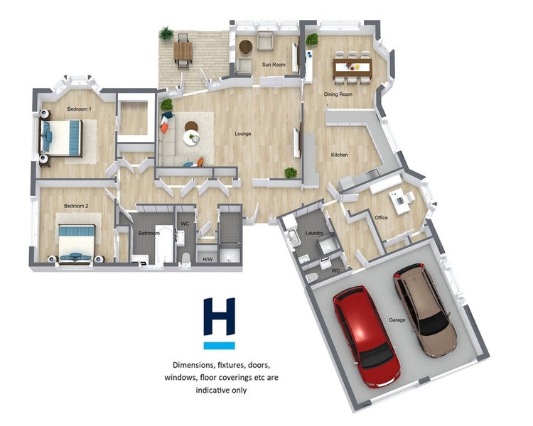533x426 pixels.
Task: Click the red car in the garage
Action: [x=366, y=336]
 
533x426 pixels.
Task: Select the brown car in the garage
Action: [x=424, y=309]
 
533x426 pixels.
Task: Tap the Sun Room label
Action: [x=274, y=65]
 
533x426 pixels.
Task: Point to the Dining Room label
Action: [x=338, y=94]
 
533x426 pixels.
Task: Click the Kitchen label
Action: [x=340, y=155]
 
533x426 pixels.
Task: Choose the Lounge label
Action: [x=243, y=133]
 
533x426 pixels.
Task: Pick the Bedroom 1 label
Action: [x=79, y=109]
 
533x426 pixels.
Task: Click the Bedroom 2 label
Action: [x=76, y=206]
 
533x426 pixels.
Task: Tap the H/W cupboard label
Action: [x=208, y=260]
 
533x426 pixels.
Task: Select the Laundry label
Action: [x=314, y=233]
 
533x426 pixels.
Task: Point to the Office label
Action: [x=381, y=217]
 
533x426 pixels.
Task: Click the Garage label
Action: [x=397, y=319]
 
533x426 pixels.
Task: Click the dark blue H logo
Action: [x=220, y=317]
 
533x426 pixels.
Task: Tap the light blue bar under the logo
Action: [x=220, y=346]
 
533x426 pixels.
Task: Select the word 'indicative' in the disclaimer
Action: [x=210, y=390]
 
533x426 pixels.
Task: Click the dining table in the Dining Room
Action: [x=352, y=68]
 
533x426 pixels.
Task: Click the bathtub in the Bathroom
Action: [x=164, y=244]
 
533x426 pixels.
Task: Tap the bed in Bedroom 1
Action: [x=61, y=138]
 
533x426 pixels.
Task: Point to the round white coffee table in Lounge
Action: [x=191, y=138]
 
